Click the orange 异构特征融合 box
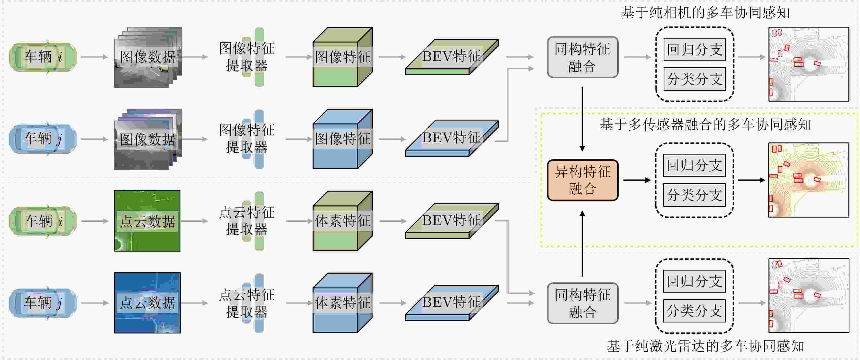coord(583,180)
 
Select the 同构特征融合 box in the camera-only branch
coord(583,57)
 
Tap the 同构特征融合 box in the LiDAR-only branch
coord(583,303)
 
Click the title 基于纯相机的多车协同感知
coord(705,12)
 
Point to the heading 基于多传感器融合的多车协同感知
coord(705,124)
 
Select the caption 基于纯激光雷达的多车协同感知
coord(705,346)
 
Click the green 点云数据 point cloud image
coord(147,221)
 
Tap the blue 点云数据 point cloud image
coord(147,303)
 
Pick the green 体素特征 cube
coord(343,221)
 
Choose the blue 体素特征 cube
coord(343,303)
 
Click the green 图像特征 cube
coord(343,57)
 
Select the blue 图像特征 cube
coord(343,139)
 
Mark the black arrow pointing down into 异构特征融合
coord(582,119)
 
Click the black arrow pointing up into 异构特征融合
coord(582,244)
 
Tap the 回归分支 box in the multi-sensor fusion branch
coord(694,165)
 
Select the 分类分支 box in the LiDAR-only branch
coord(694,311)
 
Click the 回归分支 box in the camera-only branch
coord(695,49)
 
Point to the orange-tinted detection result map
coord(809,180)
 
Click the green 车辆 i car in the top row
coord(43,57)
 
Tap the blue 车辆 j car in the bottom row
coord(43,303)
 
